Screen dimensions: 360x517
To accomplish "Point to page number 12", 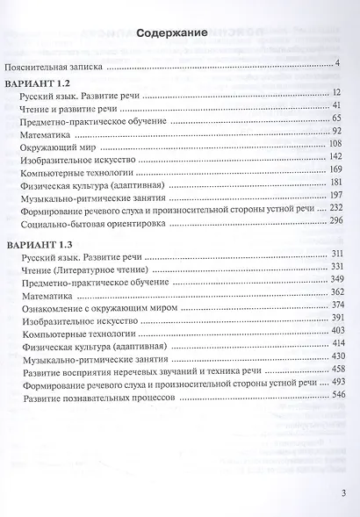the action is click(342, 90).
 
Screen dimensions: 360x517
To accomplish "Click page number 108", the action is click(339, 142).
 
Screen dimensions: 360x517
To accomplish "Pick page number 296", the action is click(339, 219).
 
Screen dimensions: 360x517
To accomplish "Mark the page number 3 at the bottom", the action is click(343, 492).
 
